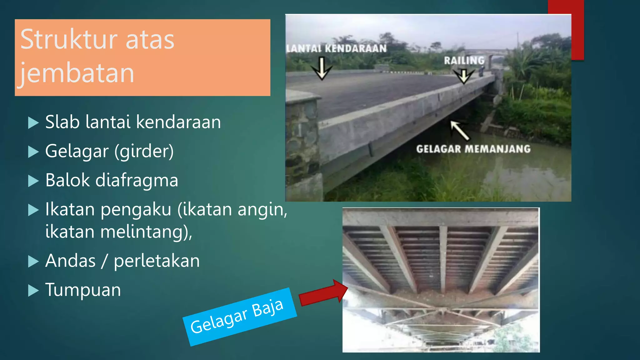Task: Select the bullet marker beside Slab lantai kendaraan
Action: pos(33,123)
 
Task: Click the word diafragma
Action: pos(137,180)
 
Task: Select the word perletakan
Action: pos(157,261)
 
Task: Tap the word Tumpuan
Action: pos(83,290)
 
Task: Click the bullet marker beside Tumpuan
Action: pos(33,291)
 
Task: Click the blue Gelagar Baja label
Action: pos(239,316)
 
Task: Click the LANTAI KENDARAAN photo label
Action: pos(337,49)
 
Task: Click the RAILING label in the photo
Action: pos(464,60)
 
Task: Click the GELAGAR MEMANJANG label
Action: pos(473,149)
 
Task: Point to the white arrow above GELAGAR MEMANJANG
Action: pos(459,130)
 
